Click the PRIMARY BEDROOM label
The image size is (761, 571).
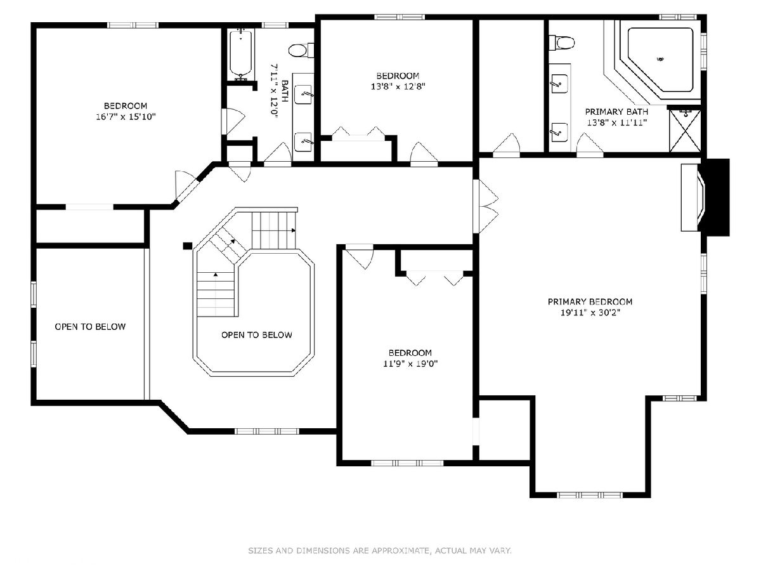tap(590, 301)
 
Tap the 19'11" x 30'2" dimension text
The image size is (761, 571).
tap(590, 313)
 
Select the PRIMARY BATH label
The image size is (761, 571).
tap(616, 112)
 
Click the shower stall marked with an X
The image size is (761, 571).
tap(685, 131)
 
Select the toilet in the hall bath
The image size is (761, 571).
tap(301, 50)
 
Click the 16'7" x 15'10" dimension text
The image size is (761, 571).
tap(126, 117)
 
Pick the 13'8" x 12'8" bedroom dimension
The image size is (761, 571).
tap(398, 86)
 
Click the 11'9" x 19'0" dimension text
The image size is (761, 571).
tap(410, 364)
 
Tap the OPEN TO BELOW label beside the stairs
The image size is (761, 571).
tap(257, 334)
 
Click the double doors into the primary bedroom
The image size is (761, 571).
tap(486, 207)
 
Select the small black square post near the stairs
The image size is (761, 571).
tap(188, 246)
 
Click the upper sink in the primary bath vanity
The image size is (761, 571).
tap(559, 84)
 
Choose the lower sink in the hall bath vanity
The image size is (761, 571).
tap(303, 142)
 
